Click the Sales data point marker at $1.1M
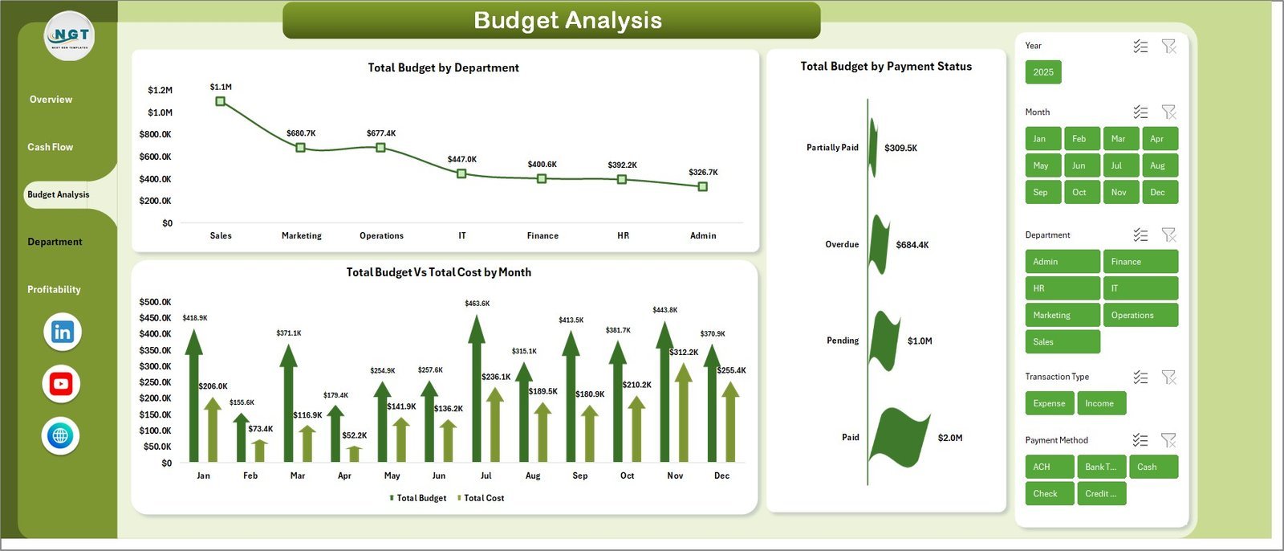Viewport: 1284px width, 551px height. [x=221, y=101]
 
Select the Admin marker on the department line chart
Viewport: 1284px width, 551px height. [x=702, y=186]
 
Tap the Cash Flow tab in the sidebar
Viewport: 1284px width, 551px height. [x=50, y=147]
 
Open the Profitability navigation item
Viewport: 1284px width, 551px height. [x=54, y=289]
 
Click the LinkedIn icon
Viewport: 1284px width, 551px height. [x=62, y=332]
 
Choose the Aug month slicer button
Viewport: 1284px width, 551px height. [x=1158, y=165]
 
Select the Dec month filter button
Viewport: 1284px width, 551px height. [x=1158, y=192]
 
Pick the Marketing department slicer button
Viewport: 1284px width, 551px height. [x=1062, y=315]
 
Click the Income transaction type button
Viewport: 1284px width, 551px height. [x=1099, y=403]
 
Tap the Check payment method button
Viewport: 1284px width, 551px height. [x=1049, y=493]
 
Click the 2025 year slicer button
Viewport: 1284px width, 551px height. [x=1043, y=72]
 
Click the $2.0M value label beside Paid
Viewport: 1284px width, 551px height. [x=950, y=438]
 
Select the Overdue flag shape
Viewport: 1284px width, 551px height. [x=880, y=244]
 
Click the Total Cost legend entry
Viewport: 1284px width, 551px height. [x=483, y=498]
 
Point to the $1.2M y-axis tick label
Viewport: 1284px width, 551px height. [x=160, y=90]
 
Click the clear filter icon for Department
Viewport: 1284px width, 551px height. [x=1168, y=235]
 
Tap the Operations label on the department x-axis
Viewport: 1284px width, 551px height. [x=381, y=235]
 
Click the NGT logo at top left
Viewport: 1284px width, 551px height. [x=70, y=36]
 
